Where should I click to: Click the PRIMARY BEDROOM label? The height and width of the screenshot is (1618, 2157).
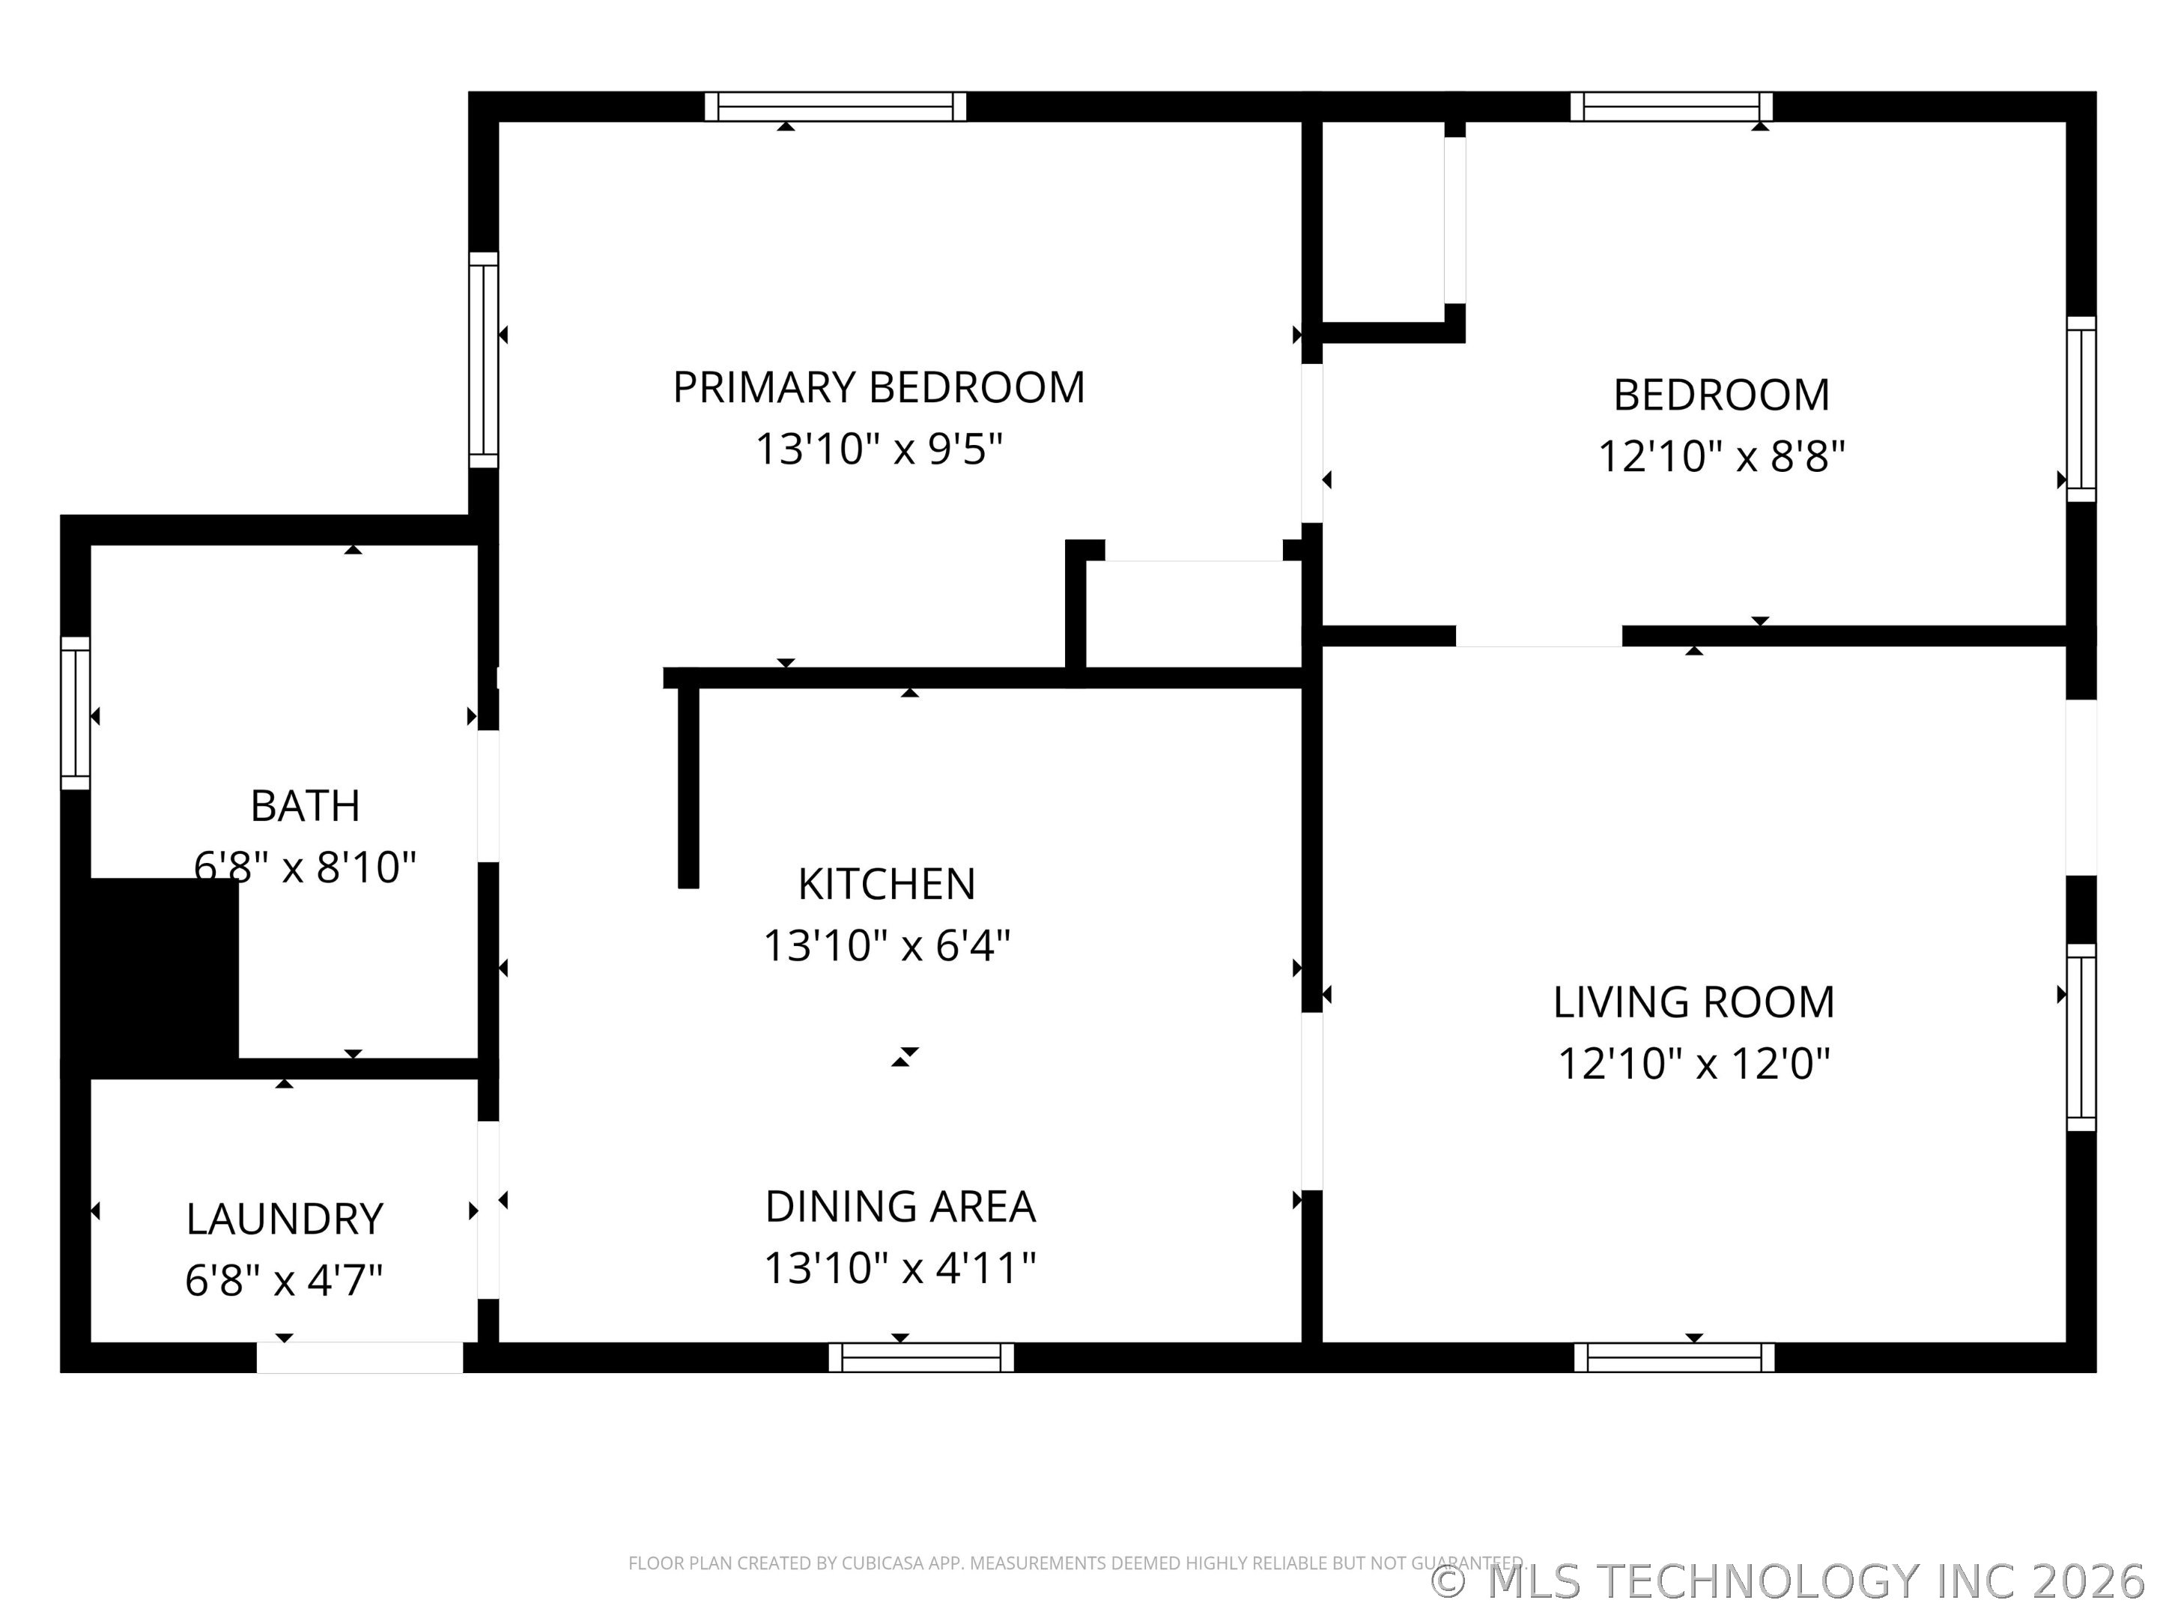879,387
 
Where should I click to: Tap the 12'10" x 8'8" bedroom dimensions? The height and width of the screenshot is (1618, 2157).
1721,456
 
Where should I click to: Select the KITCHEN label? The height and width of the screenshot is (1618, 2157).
887,884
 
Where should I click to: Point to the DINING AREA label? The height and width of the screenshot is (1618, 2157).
900,1207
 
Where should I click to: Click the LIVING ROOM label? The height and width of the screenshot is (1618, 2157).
1694,1002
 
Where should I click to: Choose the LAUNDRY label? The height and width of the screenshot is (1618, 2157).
285,1219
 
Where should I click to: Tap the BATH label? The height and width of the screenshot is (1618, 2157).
306,805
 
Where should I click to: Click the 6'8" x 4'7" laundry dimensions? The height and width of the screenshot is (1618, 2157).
284,1279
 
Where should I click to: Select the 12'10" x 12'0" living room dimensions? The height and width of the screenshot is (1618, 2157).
1694,1063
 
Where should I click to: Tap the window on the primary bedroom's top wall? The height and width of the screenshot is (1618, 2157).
836,106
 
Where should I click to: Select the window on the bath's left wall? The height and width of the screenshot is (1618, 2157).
75,713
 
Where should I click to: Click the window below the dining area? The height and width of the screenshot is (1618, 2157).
921,1357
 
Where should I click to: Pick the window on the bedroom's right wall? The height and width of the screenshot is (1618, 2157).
2081,409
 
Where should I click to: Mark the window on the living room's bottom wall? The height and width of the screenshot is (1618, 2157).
1675,1357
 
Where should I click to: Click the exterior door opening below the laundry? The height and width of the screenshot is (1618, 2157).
359,1357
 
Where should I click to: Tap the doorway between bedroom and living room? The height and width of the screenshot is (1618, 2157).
1539,636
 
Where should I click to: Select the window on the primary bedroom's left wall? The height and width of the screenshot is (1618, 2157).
484,360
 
